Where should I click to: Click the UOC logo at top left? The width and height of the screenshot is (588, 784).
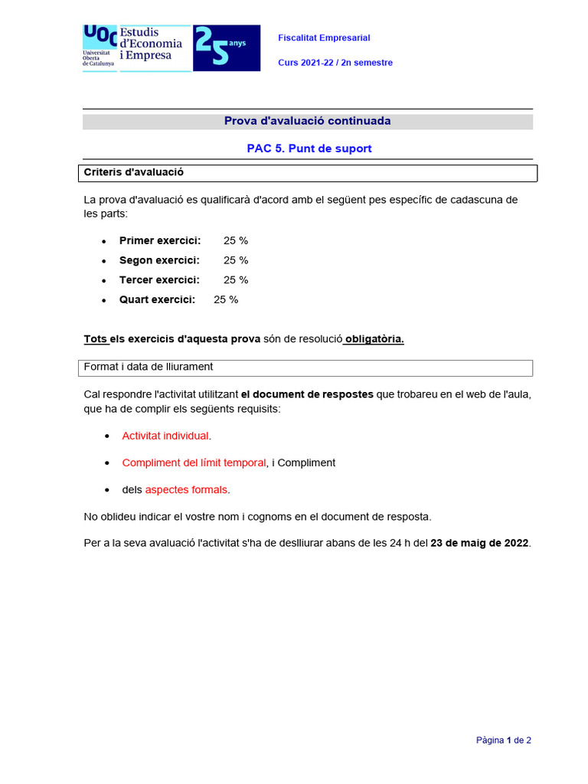pyautogui.click(x=100, y=46)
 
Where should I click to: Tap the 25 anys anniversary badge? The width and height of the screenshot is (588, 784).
pyautogui.click(x=226, y=47)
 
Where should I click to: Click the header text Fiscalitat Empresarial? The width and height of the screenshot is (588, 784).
pyautogui.click(x=324, y=38)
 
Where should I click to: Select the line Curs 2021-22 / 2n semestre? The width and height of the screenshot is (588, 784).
pyautogui.click(x=335, y=63)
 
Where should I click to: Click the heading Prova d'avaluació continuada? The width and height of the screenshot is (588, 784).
pyautogui.click(x=307, y=121)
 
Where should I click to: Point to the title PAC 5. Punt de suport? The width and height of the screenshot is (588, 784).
pyautogui.click(x=309, y=149)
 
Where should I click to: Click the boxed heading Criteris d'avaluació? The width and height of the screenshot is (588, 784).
pyautogui.click(x=133, y=172)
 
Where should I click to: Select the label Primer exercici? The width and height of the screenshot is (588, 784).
pyautogui.click(x=160, y=240)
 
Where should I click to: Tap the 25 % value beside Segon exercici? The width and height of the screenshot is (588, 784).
pyautogui.click(x=236, y=260)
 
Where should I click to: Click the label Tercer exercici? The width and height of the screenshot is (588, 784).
pyautogui.click(x=159, y=280)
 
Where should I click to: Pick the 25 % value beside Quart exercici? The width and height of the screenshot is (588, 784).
pyautogui.click(x=226, y=299)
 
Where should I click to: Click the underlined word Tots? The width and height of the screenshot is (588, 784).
pyautogui.click(x=95, y=339)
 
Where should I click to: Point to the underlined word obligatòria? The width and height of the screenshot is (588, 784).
pyautogui.click(x=374, y=339)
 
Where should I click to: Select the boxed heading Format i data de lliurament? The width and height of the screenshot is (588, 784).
pyautogui.click(x=148, y=367)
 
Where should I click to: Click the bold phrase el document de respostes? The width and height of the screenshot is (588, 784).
pyautogui.click(x=307, y=395)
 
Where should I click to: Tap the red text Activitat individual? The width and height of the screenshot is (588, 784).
pyautogui.click(x=165, y=436)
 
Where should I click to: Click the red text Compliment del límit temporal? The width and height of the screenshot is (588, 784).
pyautogui.click(x=194, y=462)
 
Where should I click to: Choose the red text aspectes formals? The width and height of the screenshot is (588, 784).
pyautogui.click(x=186, y=489)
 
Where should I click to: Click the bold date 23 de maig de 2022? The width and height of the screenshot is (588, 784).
pyautogui.click(x=479, y=543)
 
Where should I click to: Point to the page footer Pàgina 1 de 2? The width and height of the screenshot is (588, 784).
pyautogui.click(x=503, y=740)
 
